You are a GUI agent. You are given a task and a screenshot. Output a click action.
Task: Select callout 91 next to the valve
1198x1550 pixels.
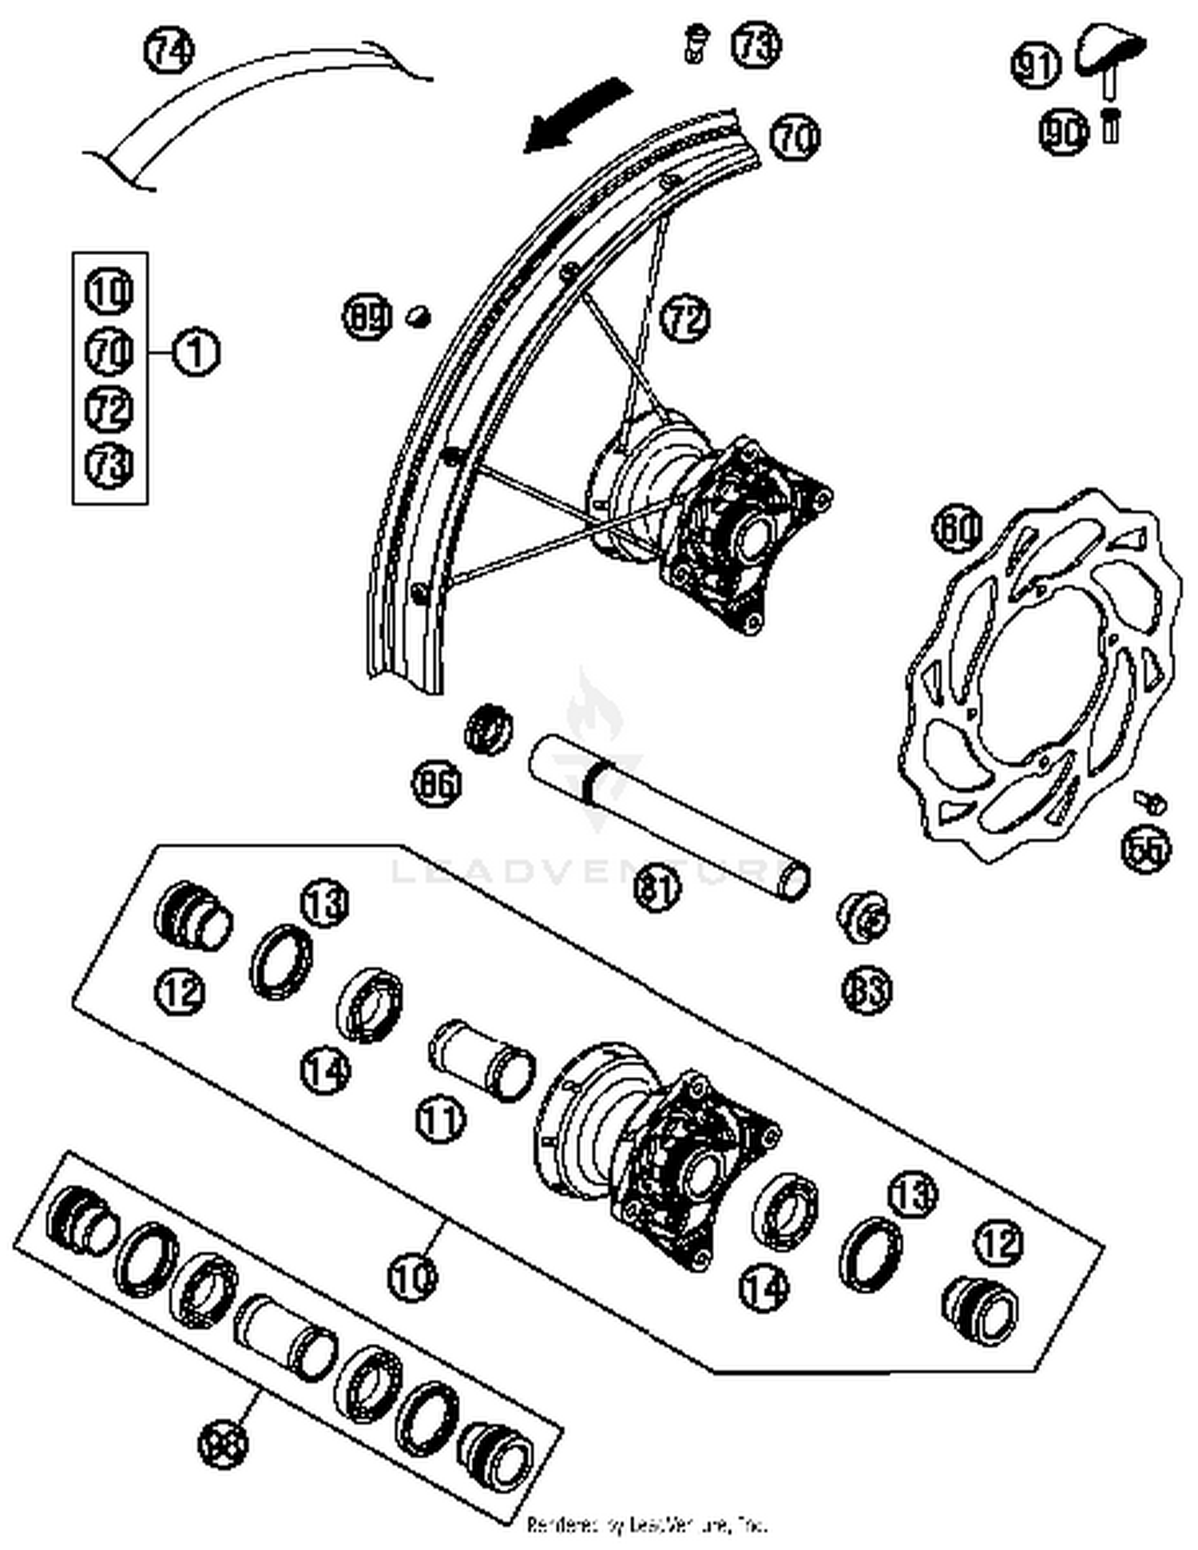1036,65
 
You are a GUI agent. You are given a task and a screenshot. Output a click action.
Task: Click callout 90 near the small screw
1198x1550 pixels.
1063,132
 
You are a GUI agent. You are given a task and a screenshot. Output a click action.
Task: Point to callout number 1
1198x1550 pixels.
196,352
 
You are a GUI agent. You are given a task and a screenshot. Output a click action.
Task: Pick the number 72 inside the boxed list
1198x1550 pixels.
109,408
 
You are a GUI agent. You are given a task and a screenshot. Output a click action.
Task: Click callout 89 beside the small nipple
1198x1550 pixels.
367,317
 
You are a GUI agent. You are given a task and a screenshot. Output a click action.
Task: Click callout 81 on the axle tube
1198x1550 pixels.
658,887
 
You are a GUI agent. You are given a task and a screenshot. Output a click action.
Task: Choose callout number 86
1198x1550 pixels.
437,784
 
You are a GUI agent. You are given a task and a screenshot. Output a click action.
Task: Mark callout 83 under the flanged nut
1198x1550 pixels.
867,991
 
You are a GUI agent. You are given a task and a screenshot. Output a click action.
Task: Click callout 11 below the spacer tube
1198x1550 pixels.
440,1119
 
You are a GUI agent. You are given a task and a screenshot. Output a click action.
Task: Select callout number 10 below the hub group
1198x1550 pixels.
413,1276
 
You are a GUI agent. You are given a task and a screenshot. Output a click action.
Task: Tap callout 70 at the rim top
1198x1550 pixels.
795,137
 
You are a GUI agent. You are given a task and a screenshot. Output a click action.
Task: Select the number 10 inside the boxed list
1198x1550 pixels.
109,292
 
